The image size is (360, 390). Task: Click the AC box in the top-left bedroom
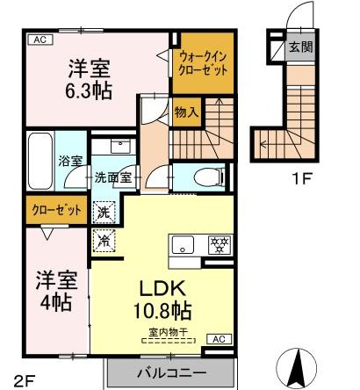click(x=39, y=39)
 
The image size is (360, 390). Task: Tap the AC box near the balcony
click(x=218, y=338)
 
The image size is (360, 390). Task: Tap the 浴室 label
click(x=69, y=161)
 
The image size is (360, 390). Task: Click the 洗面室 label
click(x=112, y=176)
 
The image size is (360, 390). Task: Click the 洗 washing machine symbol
click(x=104, y=211)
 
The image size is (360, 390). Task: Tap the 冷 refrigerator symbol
click(x=104, y=238)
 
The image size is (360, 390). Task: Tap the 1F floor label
click(x=302, y=181)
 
